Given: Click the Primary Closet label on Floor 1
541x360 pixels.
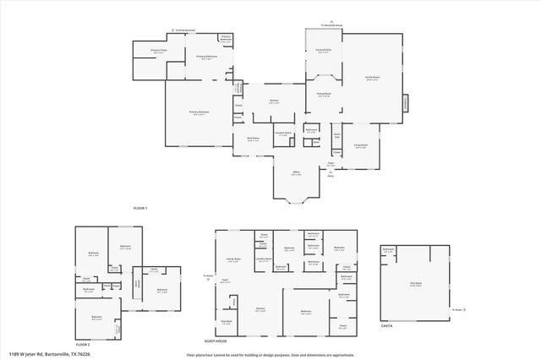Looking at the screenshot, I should point(159,51).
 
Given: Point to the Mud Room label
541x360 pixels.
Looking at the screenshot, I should point(253,139).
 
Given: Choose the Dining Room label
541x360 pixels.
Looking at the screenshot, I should point(323,95).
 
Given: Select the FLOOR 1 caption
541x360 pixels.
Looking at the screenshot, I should point(140,208).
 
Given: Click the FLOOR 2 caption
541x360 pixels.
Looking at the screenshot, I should point(82,345).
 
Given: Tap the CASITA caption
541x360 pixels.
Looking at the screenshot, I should point(386,326).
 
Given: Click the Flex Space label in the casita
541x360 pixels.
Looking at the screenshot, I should point(416,284).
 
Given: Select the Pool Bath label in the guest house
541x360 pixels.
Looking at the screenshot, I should point(227,322).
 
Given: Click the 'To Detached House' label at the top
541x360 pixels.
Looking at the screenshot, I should point(331,25).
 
